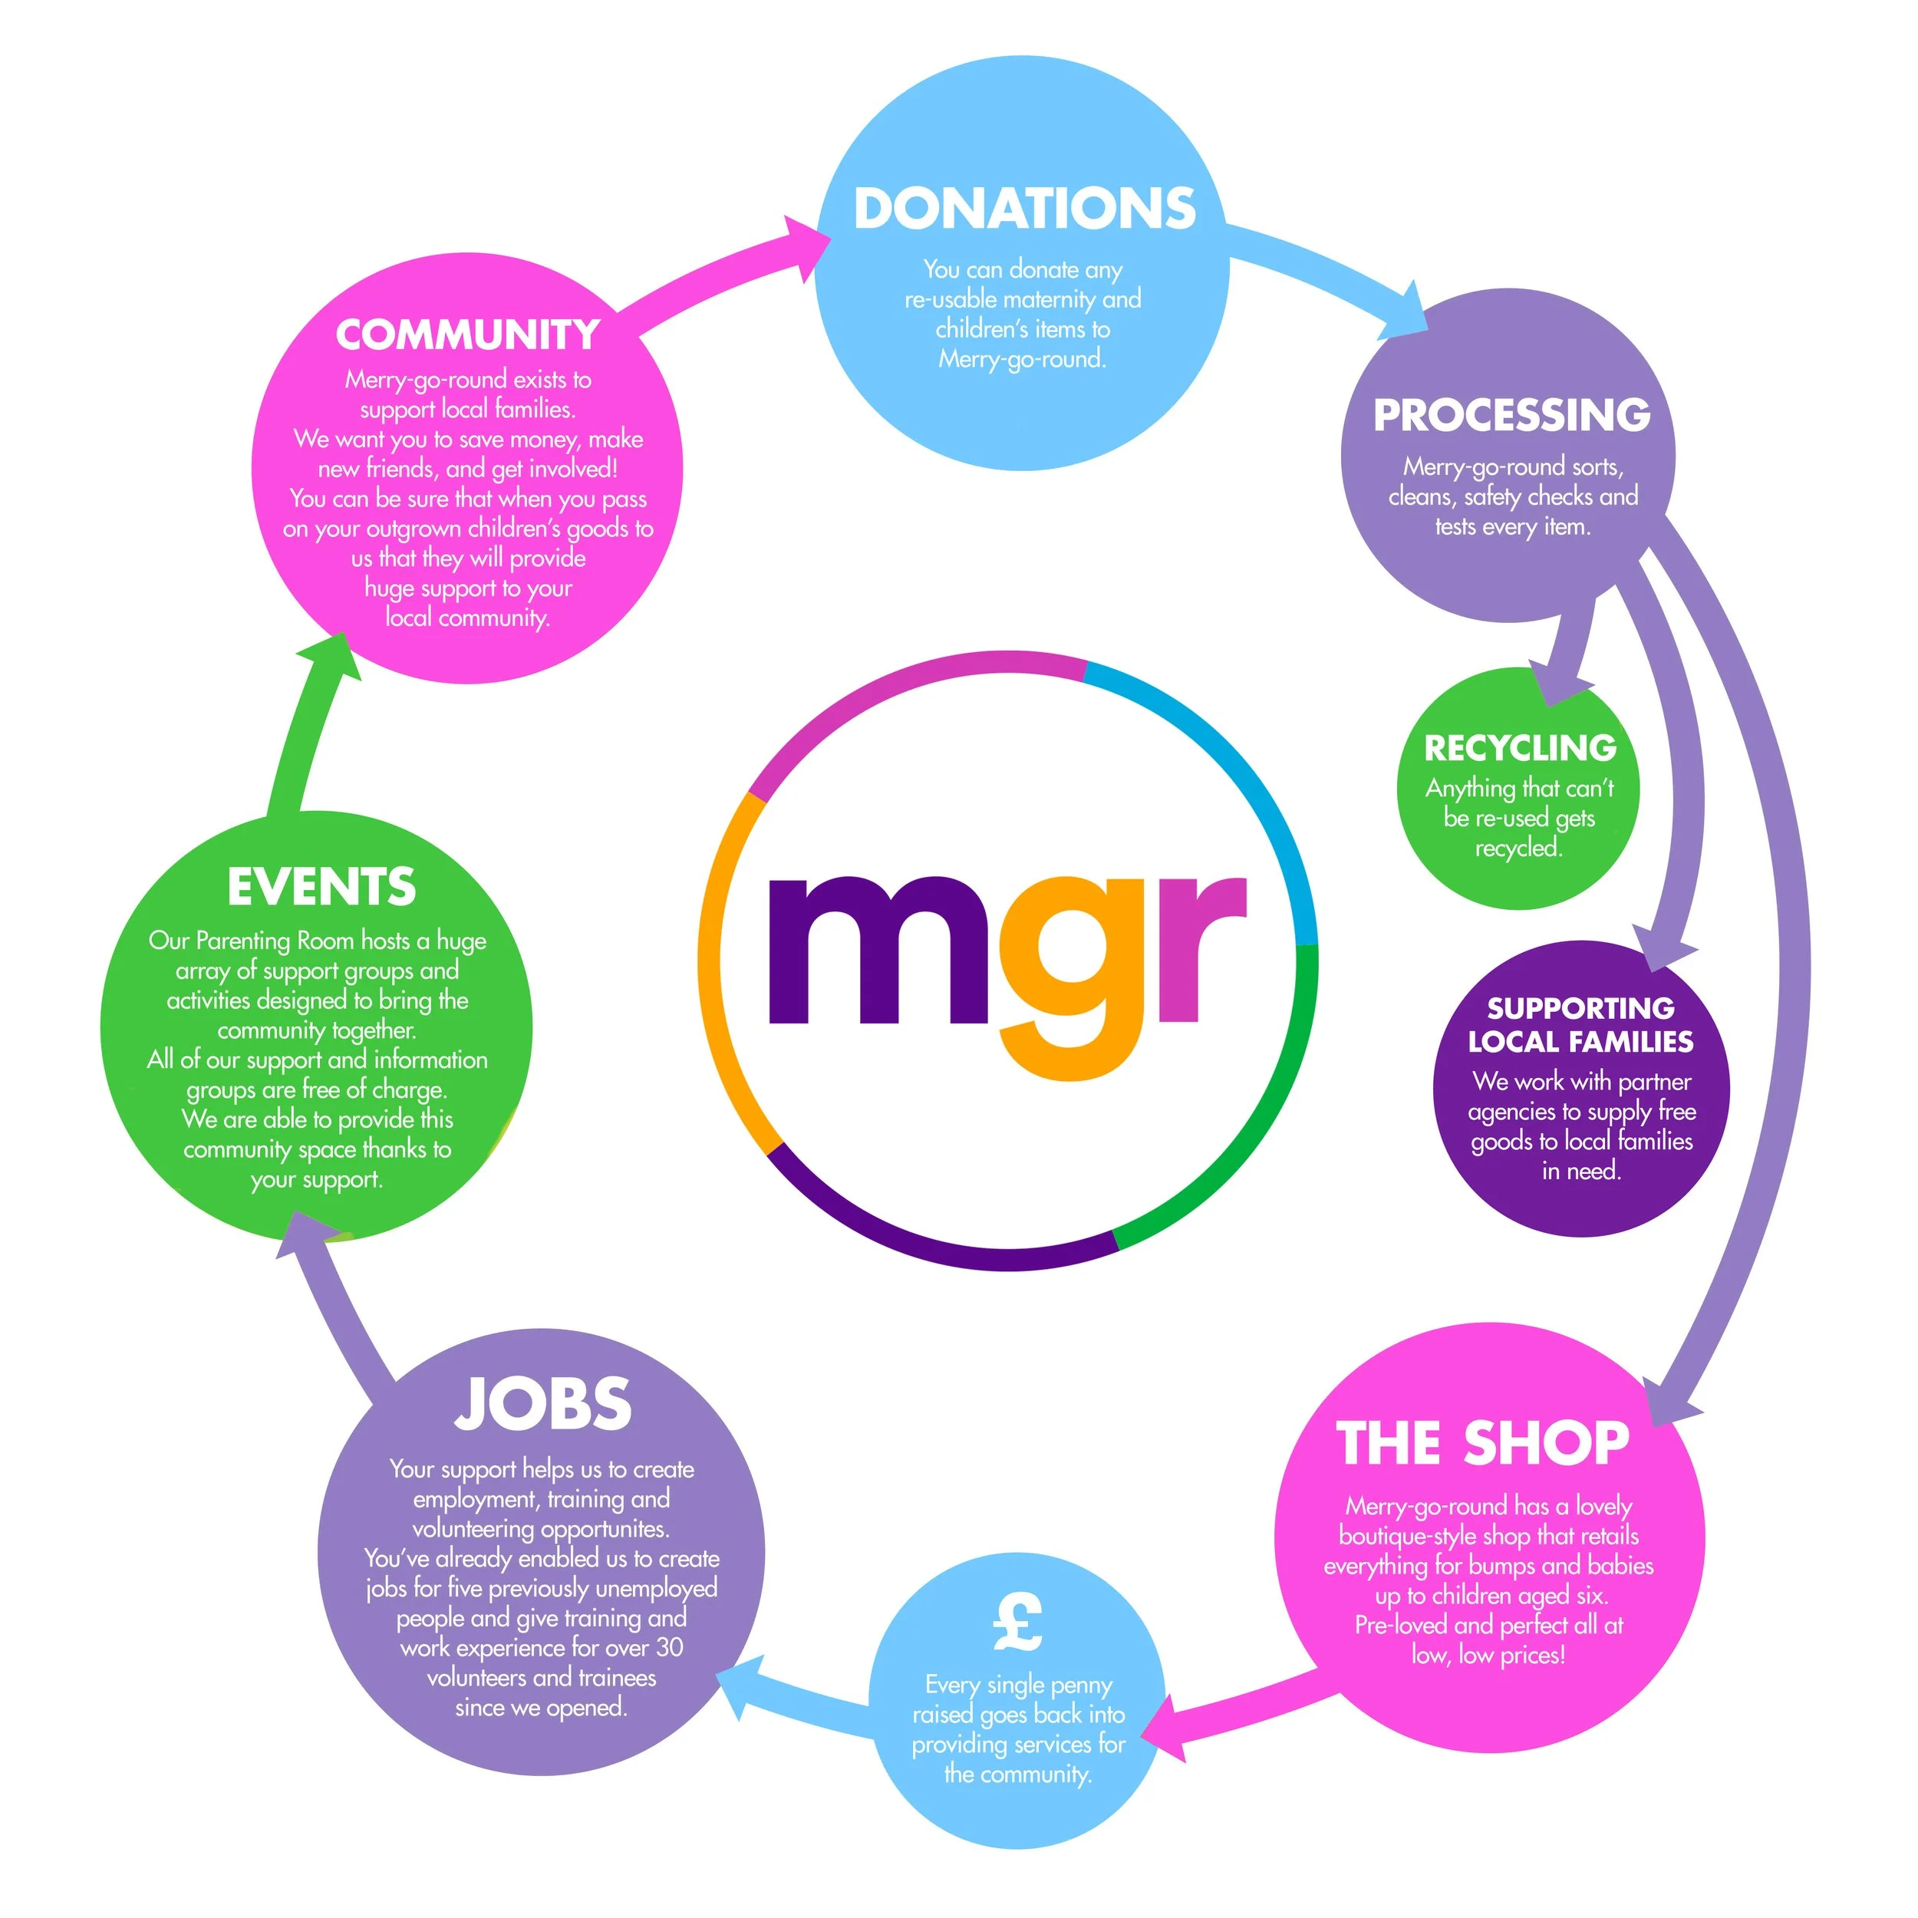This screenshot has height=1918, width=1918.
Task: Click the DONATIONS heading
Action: pos(1024,209)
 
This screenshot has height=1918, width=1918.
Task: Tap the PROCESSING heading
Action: pos(1511,415)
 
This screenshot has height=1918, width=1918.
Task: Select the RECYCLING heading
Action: pos(1520,747)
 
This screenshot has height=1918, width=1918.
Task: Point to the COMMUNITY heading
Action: pos(467,334)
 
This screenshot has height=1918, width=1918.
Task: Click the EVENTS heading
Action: pos(321,887)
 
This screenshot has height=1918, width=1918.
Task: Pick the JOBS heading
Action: pos(543,1404)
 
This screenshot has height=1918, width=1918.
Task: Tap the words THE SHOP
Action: pos(1483,1442)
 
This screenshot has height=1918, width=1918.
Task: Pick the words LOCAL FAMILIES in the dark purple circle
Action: pos(1580,1041)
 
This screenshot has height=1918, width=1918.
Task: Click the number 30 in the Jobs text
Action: pos(669,1647)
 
